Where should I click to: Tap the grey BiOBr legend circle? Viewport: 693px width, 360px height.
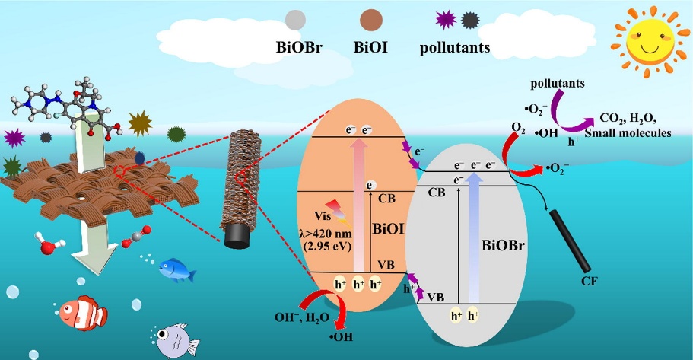295,20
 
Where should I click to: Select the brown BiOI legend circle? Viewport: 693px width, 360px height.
370,20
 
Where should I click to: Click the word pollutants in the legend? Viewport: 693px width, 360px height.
455,47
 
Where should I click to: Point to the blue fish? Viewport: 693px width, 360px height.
176,270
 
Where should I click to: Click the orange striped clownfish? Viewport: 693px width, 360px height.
82,313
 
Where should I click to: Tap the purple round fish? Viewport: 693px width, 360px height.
176,340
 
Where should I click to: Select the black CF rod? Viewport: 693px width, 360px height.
570,241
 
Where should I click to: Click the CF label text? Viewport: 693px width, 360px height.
590,281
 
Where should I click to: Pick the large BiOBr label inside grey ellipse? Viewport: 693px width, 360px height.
503,245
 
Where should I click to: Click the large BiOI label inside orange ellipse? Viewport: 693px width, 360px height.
389,228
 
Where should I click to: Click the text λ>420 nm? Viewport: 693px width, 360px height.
328,233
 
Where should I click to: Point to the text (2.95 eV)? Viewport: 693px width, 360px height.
328,246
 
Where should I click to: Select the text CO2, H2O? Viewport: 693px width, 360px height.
628,119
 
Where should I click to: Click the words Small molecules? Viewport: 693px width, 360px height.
628,132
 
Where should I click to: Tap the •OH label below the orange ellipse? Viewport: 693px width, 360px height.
341,337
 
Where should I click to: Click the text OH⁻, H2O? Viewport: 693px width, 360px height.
302,317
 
